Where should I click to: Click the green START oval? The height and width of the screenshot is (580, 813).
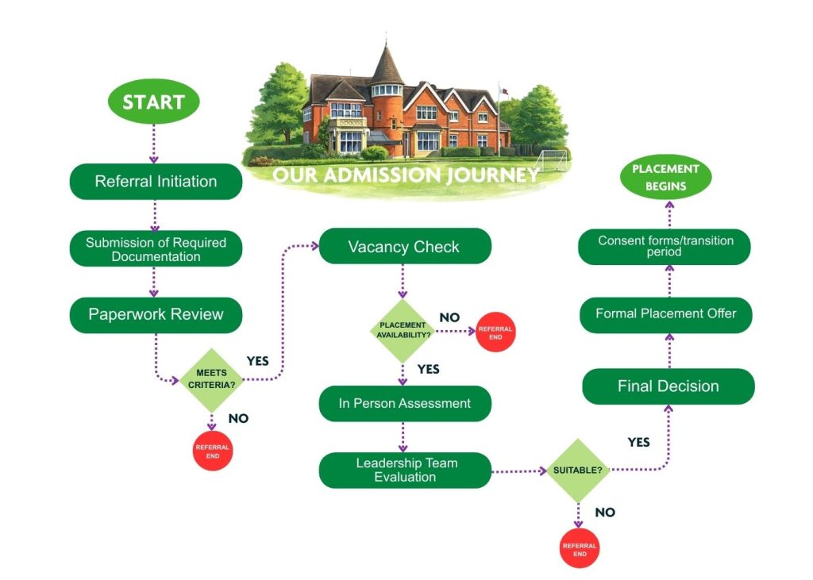(153, 102)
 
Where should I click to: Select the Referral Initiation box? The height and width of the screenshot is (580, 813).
(156, 181)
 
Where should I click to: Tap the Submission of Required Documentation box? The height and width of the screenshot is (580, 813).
(156, 249)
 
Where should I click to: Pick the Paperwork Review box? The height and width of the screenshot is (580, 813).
(156, 314)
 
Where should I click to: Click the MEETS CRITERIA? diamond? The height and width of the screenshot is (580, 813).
(211, 378)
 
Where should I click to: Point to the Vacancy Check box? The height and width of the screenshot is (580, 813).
(404, 247)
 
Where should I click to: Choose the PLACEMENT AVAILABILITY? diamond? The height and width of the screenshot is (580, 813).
(403, 330)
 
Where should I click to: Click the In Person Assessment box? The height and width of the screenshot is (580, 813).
(404, 403)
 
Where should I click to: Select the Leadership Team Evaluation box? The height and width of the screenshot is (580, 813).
(404, 470)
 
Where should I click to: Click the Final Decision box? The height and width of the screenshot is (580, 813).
(668, 386)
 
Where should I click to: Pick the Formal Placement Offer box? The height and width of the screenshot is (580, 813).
(665, 313)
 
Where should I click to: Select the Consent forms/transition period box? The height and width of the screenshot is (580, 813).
(665, 246)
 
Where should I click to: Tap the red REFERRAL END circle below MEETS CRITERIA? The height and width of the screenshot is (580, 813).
(213, 451)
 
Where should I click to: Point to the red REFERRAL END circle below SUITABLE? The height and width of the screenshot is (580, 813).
(580, 549)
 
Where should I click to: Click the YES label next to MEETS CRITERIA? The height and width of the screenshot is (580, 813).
(257, 360)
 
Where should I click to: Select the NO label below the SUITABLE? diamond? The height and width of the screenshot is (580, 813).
(605, 513)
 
